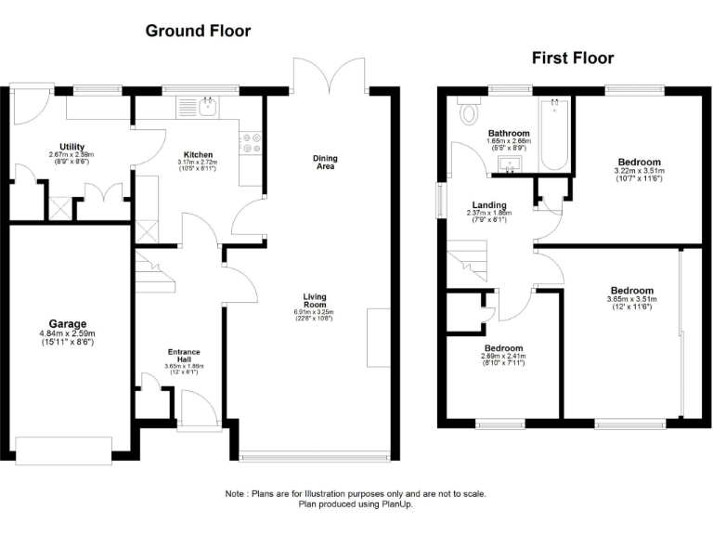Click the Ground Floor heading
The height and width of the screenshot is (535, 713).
coord(198,31)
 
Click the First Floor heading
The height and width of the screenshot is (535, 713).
coord(572,58)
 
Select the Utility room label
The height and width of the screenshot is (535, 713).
coord(72,147)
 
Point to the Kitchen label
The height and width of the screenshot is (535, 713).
coord(198,154)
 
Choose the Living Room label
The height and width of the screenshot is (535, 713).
coord(314,301)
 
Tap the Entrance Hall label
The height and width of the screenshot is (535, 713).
coord(183,356)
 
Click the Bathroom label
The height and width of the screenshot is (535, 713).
coord(509,133)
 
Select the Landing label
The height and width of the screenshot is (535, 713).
coord(488,205)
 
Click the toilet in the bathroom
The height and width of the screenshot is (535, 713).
coord(469,114)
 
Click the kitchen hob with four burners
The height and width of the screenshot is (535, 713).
coord(251,142)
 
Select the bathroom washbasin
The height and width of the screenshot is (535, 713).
coord(508,164)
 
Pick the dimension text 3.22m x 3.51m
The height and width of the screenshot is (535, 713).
coord(640,171)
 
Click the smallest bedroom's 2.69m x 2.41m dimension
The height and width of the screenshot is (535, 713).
coord(502,356)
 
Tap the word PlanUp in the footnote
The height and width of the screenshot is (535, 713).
coord(396,504)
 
